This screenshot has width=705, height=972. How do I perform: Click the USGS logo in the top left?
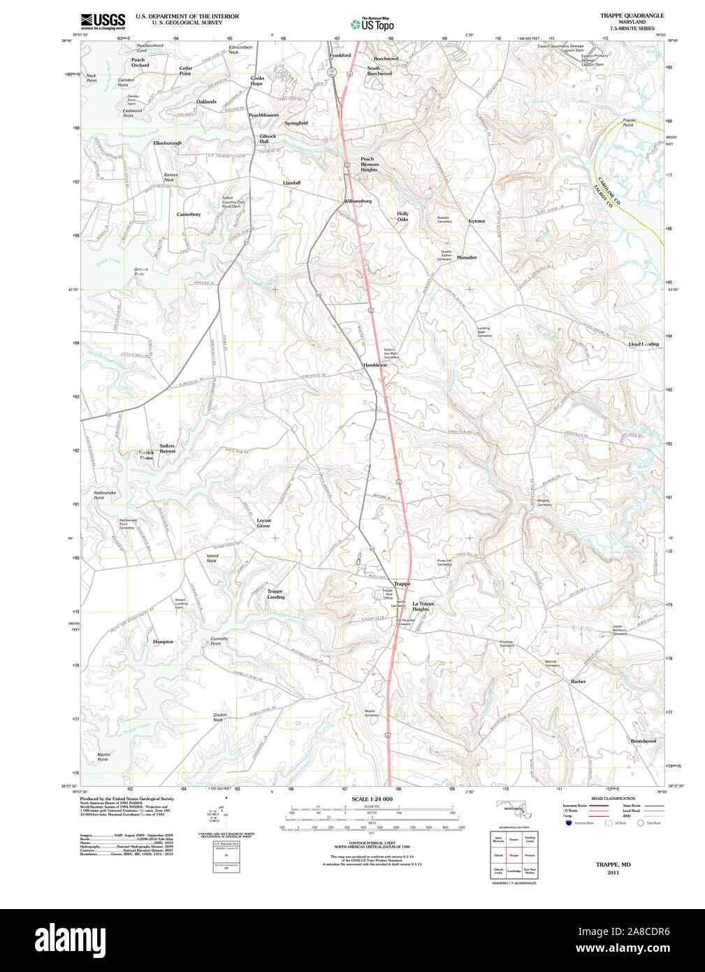103,20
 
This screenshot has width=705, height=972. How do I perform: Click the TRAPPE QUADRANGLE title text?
632,15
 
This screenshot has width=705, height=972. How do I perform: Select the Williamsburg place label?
358,201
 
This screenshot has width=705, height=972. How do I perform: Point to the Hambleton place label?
375,365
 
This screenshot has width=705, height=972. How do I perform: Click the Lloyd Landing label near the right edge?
644,344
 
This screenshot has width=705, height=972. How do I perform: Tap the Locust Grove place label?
263,523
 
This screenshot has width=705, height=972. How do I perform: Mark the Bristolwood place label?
644,741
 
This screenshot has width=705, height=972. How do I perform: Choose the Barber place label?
578,681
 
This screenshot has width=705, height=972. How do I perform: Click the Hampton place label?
163,641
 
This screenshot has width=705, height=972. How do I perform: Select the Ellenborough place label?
168,143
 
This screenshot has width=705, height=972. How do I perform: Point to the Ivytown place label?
477,221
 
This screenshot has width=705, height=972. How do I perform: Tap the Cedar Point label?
185,71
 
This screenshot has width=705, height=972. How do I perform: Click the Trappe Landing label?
275,594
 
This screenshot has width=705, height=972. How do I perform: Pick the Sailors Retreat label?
167,448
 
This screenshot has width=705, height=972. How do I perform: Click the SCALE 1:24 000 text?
372,799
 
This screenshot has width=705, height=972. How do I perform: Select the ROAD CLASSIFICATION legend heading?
613,798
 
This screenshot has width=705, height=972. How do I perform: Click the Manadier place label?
467,257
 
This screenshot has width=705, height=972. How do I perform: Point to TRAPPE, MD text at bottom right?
613,864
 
